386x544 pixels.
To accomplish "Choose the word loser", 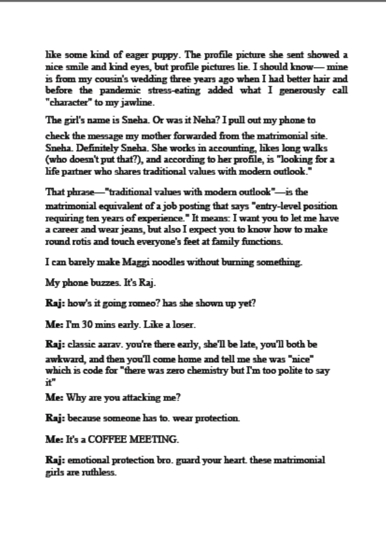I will tap(182, 324).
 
